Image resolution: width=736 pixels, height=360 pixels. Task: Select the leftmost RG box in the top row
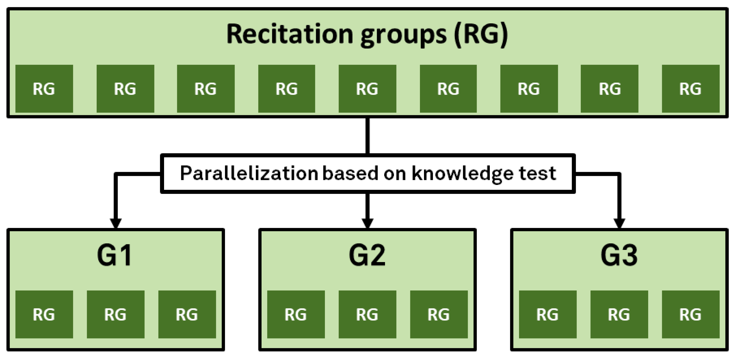point(44,89)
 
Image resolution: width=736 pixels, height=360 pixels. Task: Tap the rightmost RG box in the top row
point(691,89)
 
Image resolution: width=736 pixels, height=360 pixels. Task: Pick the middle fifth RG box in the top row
point(367,89)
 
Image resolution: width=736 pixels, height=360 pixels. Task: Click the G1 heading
point(115,255)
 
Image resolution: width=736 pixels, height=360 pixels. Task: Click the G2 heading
point(367,255)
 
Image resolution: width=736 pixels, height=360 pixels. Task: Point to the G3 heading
point(619,255)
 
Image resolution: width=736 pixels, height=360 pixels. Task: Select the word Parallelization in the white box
point(249,173)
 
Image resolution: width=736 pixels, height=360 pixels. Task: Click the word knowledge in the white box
point(462,174)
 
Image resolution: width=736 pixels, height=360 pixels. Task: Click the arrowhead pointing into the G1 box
point(116,223)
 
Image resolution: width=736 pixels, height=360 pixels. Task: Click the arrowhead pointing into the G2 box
point(367,223)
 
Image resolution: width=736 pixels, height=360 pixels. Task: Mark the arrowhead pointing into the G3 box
point(619,223)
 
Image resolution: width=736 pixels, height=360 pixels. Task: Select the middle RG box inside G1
point(115,314)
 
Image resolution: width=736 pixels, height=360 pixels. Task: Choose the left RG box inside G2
point(296,314)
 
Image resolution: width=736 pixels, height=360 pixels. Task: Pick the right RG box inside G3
point(691,314)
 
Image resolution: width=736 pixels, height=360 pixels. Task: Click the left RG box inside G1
point(44,314)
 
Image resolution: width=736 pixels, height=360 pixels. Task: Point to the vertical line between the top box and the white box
point(367,136)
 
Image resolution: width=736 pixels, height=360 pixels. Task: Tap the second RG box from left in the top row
point(125,89)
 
